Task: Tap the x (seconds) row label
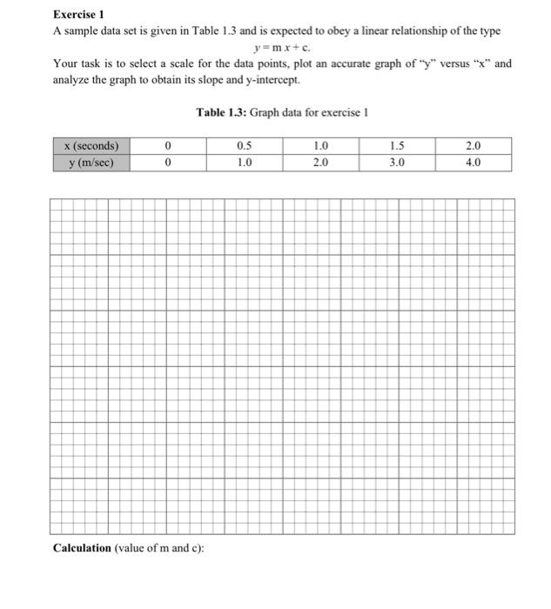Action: (91, 146)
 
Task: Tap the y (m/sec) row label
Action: (91, 162)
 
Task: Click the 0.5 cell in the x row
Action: (245, 146)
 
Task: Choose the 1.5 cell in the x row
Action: (397, 146)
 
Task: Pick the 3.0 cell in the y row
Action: (397, 162)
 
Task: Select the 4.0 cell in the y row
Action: (473, 162)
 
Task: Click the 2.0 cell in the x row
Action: (473, 146)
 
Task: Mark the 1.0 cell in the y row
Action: (245, 162)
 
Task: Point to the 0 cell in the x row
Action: (167, 146)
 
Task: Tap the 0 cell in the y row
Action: (167, 162)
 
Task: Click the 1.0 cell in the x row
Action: (320, 146)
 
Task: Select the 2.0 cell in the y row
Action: (320, 162)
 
